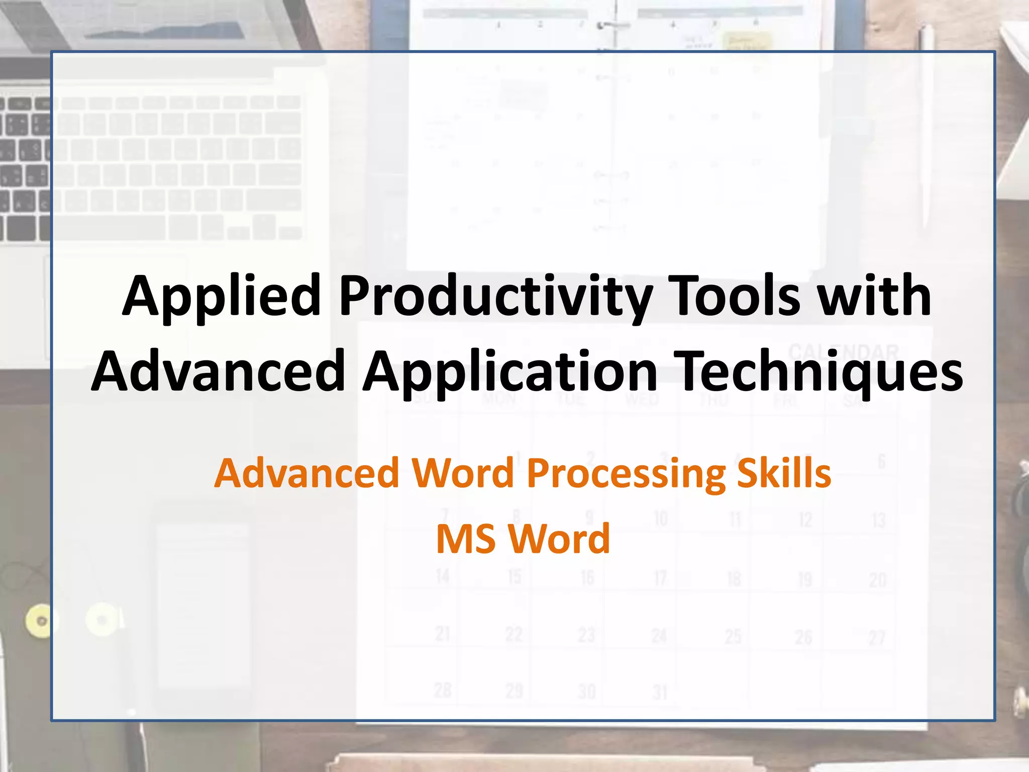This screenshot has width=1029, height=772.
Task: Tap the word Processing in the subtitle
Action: pyautogui.click(x=626, y=473)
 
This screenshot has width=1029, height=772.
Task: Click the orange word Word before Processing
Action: pyautogui.click(x=463, y=473)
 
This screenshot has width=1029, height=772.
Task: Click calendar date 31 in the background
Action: pyautogui.click(x=660, y=693)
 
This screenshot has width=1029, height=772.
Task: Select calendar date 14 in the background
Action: pyautogui.click(x=442, y=576)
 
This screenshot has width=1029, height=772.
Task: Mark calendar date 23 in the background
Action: pyautogui.click(x=586, y=635)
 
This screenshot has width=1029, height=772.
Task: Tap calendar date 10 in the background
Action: pyautogui.click(x=660, y=518)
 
